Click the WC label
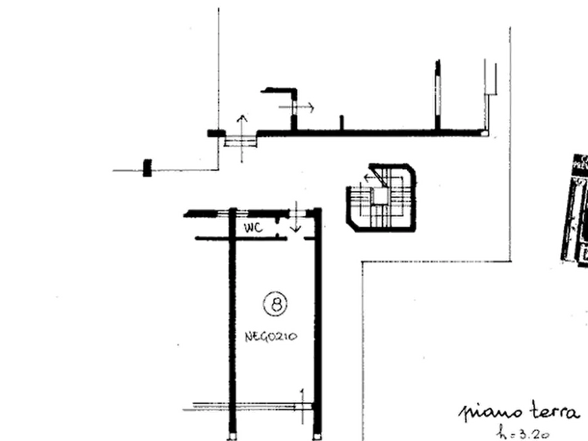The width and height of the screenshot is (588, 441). click(253, 228)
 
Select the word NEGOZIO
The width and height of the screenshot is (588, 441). click(271, 337)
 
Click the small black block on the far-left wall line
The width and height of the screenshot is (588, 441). click(147, 167)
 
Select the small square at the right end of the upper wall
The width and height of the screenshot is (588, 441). click(485, 133)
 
